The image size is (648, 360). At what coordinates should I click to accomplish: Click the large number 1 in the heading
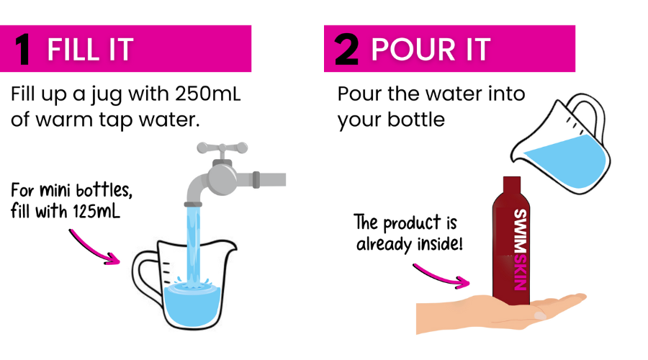click(x=22, y=49)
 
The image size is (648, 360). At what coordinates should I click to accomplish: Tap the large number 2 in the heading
click(x=346, y=49)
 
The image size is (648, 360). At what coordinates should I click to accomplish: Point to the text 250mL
click(x=208, y=94)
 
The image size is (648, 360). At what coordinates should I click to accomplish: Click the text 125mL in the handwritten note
click(x=96, y=211)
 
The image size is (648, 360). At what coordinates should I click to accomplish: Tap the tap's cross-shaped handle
click(x=222, y=148)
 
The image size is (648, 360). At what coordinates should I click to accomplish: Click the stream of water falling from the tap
click(x=193, y=244)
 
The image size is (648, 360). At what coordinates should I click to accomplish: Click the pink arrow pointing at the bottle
click(x=441, y=276)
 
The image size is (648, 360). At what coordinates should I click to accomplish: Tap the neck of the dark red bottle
click(x=512, y=185)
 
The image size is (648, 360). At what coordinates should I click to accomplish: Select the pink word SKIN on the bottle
click(x=520, y=272)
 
